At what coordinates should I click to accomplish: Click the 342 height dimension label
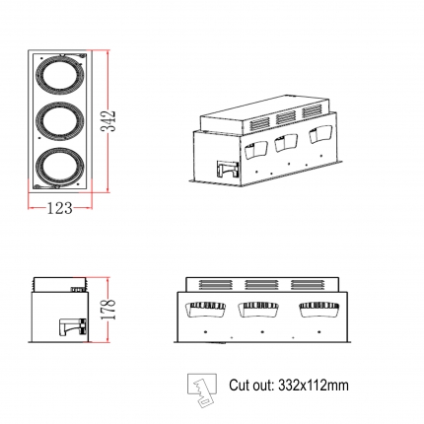[x=108, y=121]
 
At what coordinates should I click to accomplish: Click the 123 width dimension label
[x=59, y=208]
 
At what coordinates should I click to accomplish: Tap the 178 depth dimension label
[x=108, y=309]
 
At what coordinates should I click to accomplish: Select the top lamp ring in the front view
[x=59, y=76]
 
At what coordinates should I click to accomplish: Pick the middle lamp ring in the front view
[x=59, y=121]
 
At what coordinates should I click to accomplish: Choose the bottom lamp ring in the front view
[x=59, y=168]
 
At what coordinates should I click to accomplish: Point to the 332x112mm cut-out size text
[x=314, y=385]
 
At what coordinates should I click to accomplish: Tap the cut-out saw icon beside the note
[x=202, y=390]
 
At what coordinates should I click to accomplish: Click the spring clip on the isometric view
[x=227, y=170]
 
